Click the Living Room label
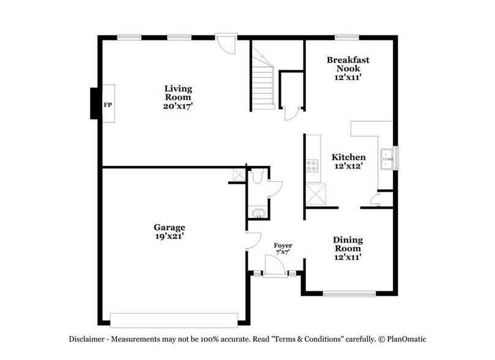click(x=177, y=93)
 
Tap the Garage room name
click(x=169, y=227)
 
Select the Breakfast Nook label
click(x=348, y=64)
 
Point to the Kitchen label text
click(x=348, y=157)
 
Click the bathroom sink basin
click(x=257, y=214)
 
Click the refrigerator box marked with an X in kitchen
click(x=316, y=195)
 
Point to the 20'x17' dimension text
click(x=177, y=105)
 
